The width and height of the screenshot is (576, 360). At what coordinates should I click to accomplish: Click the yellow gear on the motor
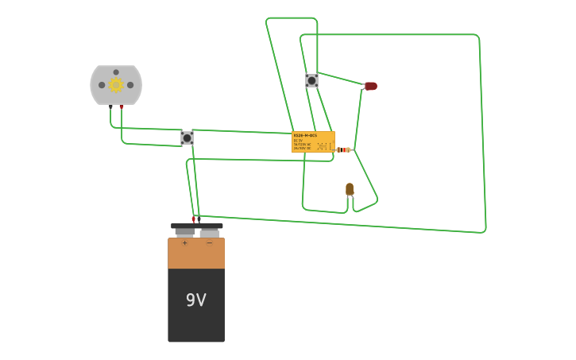click(x=116, y=85)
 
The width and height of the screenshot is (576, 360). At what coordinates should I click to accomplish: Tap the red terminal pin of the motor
click(x=122, y=106)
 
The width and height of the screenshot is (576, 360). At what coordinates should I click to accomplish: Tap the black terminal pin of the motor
click(x=110, y=106)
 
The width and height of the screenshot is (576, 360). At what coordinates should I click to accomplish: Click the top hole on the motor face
click(x=116, y=72)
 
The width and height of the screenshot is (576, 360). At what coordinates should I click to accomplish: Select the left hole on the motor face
click(x=102, y=85)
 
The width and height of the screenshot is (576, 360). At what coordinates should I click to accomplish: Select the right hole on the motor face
click(x=130, y=85)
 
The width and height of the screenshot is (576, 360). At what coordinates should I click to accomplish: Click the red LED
click(x=371, y=86)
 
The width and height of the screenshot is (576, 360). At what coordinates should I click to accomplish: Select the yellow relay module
click(x=313, y=141)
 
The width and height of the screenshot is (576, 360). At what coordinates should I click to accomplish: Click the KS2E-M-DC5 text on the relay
click(x=305, y=135)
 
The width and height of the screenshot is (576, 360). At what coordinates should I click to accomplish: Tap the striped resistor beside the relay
click(x=342, y=149)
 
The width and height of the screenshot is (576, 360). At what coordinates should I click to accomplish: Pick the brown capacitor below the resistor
click(x=350, y=189)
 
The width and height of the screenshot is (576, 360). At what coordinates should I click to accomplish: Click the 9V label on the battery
click(x=195, y=300)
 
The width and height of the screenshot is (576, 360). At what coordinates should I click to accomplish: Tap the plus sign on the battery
click(x=184, y=243)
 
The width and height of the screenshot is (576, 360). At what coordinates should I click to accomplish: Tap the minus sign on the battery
click(x=209, y=243)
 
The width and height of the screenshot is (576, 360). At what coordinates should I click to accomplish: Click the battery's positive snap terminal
click(x=184, y=231)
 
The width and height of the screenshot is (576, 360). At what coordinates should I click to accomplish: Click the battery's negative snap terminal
click(x=210, y=232)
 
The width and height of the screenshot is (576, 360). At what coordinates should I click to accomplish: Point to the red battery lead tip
click(x=193, y=220)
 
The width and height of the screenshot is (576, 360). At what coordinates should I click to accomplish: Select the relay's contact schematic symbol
click(x=324, y=146)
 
